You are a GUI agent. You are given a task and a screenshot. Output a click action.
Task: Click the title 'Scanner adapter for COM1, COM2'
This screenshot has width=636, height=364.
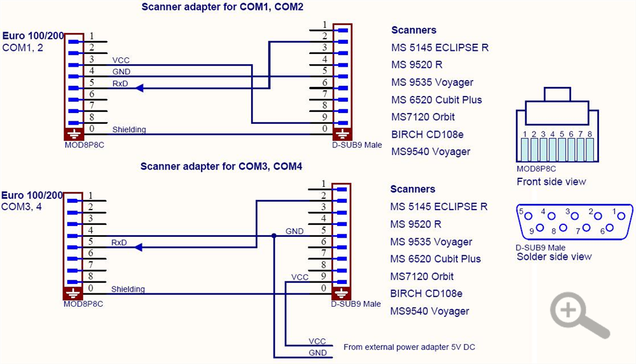click(221, 8)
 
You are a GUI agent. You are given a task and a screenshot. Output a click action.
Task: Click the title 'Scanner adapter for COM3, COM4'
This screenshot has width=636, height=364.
click(221, 167)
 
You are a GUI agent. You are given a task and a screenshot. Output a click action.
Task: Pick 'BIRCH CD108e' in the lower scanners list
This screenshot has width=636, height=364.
click(427, 293)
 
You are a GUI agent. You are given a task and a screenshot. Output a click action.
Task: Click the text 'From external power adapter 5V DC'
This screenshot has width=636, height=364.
click(409, 347)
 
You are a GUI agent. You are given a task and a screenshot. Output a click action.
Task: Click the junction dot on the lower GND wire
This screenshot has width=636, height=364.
click(274, 236)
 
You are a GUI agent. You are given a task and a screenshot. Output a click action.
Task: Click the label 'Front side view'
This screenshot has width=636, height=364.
click(551, 182)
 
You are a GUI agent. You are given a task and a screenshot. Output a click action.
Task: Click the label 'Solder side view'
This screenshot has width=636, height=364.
click(554, 257)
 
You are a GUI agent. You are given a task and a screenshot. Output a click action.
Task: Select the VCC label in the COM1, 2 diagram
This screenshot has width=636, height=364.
click(121, 60)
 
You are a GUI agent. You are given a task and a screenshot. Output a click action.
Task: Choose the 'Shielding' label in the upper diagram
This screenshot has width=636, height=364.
click(129, 130)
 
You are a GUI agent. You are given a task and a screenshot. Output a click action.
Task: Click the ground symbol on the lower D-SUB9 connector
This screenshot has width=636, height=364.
click(342, 293)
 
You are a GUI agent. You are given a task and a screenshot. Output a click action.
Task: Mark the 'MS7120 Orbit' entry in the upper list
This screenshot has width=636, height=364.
click(423, 117)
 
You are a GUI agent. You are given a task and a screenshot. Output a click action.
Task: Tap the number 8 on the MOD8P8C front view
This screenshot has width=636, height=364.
click(590, 134)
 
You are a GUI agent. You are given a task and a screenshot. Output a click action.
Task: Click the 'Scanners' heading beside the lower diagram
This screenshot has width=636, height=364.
click(413, 189)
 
